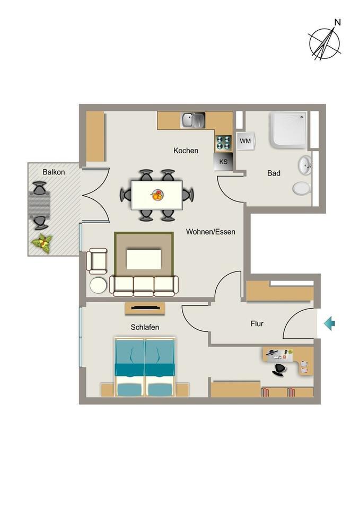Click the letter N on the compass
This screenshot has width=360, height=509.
(x=338, y=22)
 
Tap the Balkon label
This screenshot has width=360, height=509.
(x=54, y=172)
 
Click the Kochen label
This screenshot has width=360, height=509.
(x=186, y=151)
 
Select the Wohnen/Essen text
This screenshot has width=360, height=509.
(x=210, y=232)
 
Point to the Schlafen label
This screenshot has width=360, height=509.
(x=145, y=327)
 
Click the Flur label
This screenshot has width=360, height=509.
(x=257, y=323)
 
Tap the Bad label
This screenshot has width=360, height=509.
(x=274, y=173)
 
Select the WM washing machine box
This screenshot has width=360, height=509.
(x=245, y=141)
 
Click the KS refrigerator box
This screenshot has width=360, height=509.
(x=223, y=162)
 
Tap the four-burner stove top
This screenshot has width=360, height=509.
(x=223, y=143)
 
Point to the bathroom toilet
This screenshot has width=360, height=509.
(x=302, y=189)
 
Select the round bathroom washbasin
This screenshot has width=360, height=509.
(x=305, y=164)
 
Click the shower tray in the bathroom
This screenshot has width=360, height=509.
(x=288, y=130)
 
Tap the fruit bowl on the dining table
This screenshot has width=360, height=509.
(x=157, y=195)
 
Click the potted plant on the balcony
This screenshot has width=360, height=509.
(x=42, y=243)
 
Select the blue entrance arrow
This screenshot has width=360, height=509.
(x=329, y=323)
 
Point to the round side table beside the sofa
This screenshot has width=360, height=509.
(x=99, y=286)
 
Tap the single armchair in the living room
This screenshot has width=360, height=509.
(x=96, y=261)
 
